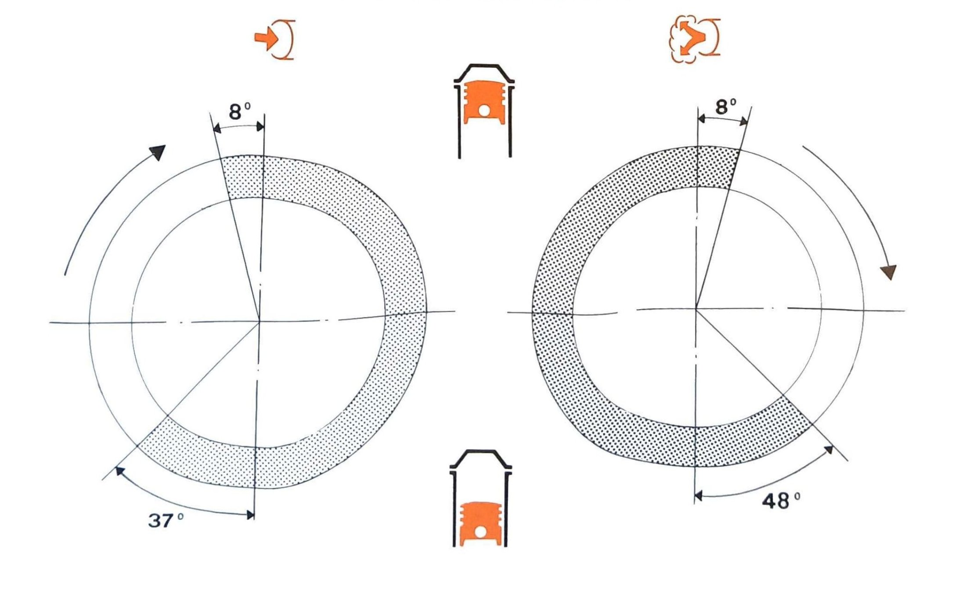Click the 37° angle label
(166, 520)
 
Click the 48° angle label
(781, 501)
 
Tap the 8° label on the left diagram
(240, 112)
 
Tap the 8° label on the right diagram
(726, 107)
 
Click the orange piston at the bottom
(480, 523)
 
